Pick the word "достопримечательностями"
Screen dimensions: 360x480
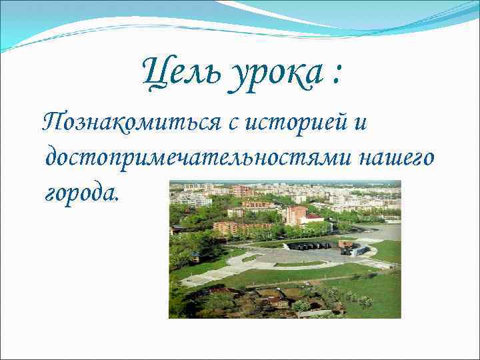(x=198, y=158)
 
